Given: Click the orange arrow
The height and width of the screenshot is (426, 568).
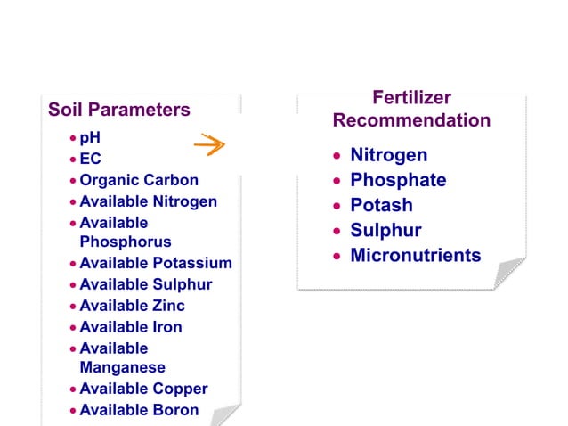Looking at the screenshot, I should (210, 144).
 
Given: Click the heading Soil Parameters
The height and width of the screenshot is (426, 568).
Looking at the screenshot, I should (118, 110).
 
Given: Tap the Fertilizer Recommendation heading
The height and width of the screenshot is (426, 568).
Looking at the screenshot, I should (411, 110).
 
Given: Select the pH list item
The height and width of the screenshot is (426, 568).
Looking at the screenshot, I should (90, 138).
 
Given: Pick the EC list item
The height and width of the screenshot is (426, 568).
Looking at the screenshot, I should (91, 160).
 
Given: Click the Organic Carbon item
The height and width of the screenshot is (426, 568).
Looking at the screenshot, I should (139, 180).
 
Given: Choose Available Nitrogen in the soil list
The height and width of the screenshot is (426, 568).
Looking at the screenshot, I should (148, 201).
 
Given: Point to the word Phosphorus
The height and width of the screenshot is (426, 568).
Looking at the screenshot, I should (126, 242).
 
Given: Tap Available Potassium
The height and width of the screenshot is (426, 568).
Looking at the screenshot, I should (156, 263).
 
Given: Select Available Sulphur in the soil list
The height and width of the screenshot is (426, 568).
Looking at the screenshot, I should (146, 284).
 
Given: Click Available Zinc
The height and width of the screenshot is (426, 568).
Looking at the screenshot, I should (132, 306).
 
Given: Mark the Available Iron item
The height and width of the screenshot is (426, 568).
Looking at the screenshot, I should (131, 327).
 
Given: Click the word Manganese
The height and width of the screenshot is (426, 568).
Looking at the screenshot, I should (122, 367).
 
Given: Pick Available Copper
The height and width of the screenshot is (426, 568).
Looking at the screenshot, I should (143, 389).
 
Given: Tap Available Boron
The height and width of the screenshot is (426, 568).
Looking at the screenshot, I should (139, 410).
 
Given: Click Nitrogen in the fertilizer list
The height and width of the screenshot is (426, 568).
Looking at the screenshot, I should (388, 155).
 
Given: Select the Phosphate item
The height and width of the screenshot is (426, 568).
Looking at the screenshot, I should (398, 180).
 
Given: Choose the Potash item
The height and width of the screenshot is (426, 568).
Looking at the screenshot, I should (381, 205).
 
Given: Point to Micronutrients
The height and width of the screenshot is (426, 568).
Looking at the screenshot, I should (415, 256).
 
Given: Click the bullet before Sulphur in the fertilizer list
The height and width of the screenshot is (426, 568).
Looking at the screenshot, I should (337, 232).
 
